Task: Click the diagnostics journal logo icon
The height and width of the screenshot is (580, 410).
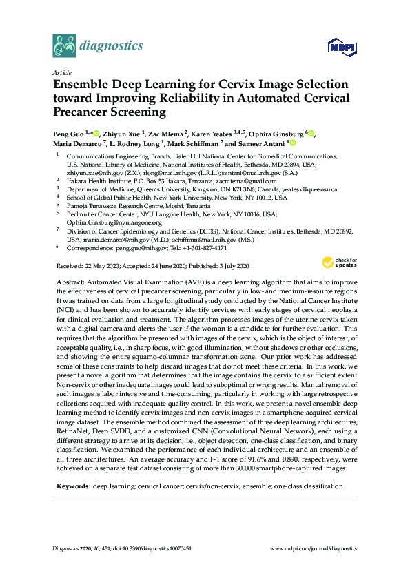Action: (64, 46)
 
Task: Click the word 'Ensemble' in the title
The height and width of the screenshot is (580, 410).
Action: (87, 85)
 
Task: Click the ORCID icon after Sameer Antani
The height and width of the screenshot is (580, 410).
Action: (292, 144)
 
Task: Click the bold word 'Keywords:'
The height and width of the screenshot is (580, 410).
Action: (72, 486)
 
